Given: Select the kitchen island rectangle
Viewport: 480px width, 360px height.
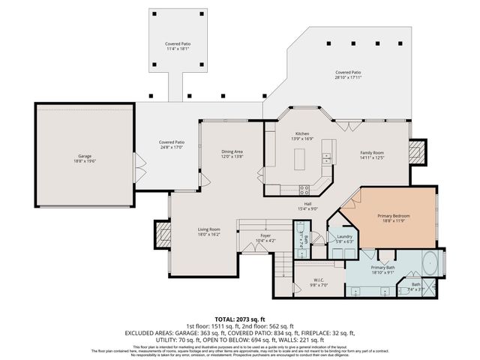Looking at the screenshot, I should coord(301,159).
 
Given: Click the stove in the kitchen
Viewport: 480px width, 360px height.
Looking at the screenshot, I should coord(304,189).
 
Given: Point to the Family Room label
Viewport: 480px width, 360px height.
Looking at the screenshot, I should coord(373,153).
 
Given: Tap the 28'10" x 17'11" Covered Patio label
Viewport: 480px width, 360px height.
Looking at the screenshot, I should coord(348,73).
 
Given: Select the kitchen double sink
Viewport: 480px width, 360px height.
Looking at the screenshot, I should coord(326,157).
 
